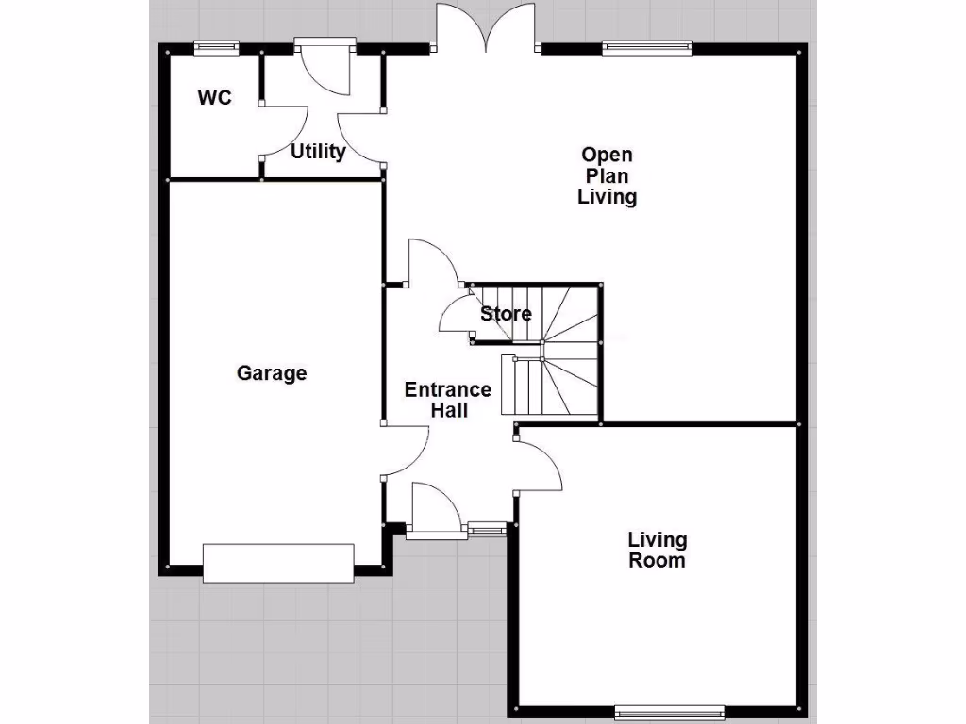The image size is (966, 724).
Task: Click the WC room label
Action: pyautogui.click(x=214, y=97)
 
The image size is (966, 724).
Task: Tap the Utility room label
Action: pyautogui.click(x=318, y=152)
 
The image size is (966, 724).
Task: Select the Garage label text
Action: pyautogui.click(x=272, y=373)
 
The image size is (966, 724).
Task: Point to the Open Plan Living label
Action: pyautogui.click(x=608, y=175)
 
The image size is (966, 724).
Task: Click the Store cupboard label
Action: pyautogui.click(x=507, y=314)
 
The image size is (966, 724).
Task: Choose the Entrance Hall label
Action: pyautogui.click(x=448, y=400)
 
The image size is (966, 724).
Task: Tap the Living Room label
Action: pyautogui.click(x=658, y=551)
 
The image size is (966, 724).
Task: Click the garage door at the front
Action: pyautogui.click(x=278, y=563)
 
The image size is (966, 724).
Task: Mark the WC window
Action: pyautogui.click(x=215, y=46)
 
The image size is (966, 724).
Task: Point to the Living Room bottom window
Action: pyautogui.click(x=669, y=711)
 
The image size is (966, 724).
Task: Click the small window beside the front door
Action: pyautogui.click(x=488, y=530)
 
